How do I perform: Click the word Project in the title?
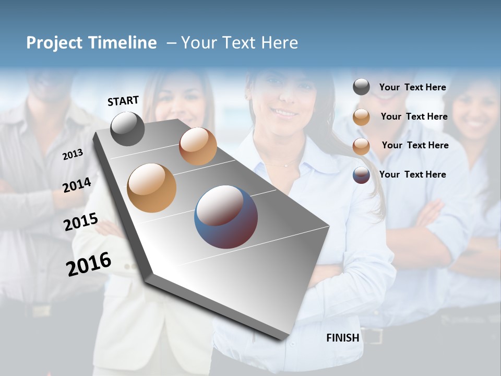click(55, 43)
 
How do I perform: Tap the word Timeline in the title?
click(123, 43)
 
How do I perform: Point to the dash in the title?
click(171, 43)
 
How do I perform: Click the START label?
click(123, 101)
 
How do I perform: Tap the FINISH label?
click(343, 338)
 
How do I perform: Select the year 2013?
click(73, 154)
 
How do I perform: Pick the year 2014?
click(77, 185)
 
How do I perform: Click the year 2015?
click(81, 222)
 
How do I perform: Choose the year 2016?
click(89, 264)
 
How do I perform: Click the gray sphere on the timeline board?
click(127, 129)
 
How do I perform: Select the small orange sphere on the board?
click(198, 146)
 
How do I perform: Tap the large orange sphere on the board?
click(152, 188)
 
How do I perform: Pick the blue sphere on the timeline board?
click(226, 217)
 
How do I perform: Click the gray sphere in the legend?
click(361, 87)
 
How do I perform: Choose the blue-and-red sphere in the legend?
click(361, 175)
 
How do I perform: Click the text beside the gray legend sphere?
click(412, 88)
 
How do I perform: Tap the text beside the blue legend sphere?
click(412, 174)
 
